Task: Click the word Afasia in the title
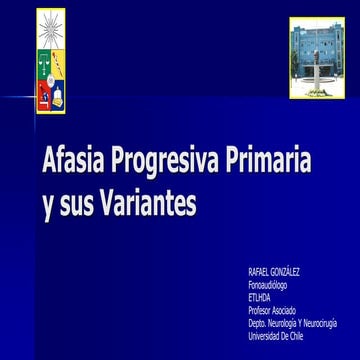[x=71, y=160]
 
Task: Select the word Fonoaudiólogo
[x=267, y=285]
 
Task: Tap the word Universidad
[x=265, y=336]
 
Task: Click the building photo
[x=317, y=57]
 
